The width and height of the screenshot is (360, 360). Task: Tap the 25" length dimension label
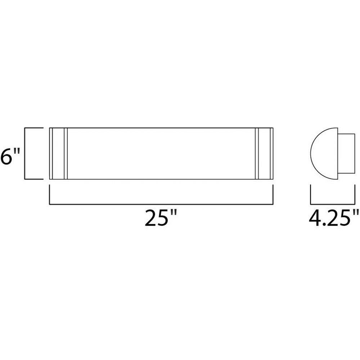161,217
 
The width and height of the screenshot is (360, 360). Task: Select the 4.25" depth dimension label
334,217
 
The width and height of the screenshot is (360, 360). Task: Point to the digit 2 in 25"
150,218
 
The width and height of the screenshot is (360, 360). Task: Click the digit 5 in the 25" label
163,218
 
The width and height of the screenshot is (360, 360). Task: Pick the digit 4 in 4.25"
315,218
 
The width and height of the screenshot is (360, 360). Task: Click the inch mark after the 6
17,151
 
